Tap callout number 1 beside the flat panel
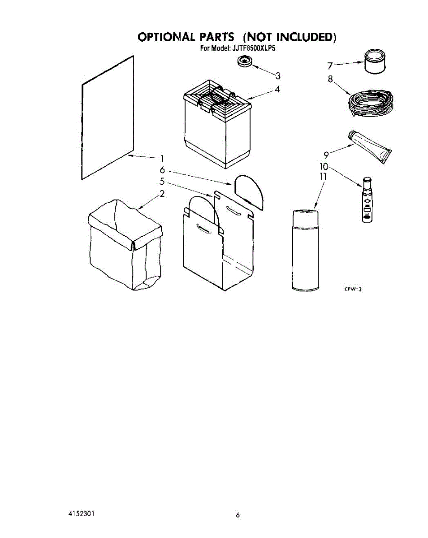tap(162, 158)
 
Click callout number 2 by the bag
tap(162, 194)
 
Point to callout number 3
tap(278, 75)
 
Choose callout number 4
tap(277, 89)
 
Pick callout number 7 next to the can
tap(330, 66)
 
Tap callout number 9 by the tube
tap(327, 156)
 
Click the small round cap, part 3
tap(244, 62)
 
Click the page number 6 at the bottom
tap(238, 516)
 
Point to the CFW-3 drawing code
tap(353, 289)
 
